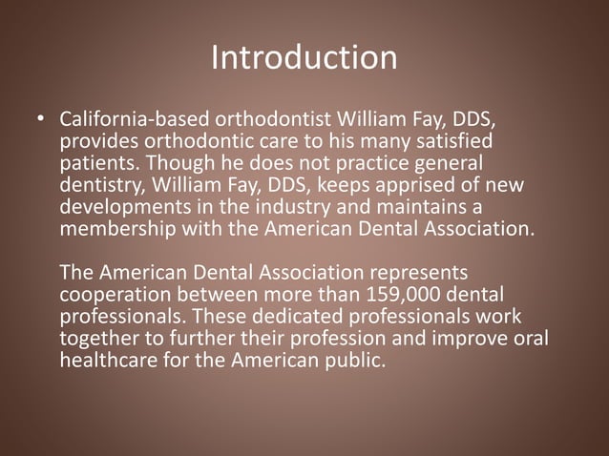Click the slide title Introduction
304,58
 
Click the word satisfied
475,142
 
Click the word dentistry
98,184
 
